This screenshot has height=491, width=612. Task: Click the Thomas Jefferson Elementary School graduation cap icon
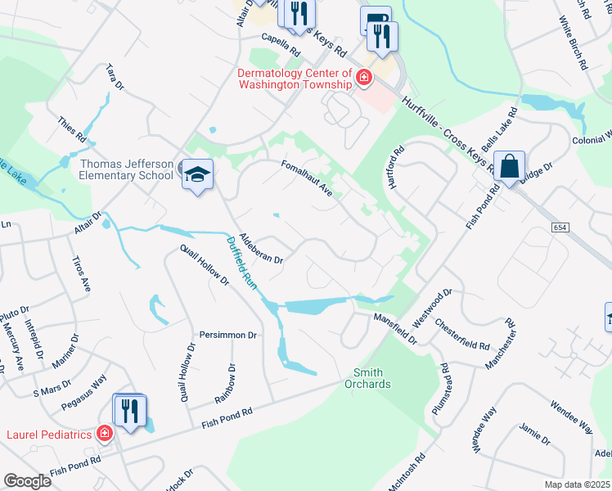tap(197, 175)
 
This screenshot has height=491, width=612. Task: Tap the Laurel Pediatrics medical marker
tap(105, 434)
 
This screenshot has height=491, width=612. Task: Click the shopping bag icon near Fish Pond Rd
tap(509, 168)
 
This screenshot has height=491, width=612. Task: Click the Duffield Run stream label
tap(242, 261)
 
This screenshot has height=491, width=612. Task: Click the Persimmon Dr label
tap(228, 336)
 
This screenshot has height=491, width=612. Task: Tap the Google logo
tap(27, 481)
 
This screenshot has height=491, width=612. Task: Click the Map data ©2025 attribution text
tap(578, 484)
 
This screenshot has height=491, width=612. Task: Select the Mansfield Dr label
tap(395, 327)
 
